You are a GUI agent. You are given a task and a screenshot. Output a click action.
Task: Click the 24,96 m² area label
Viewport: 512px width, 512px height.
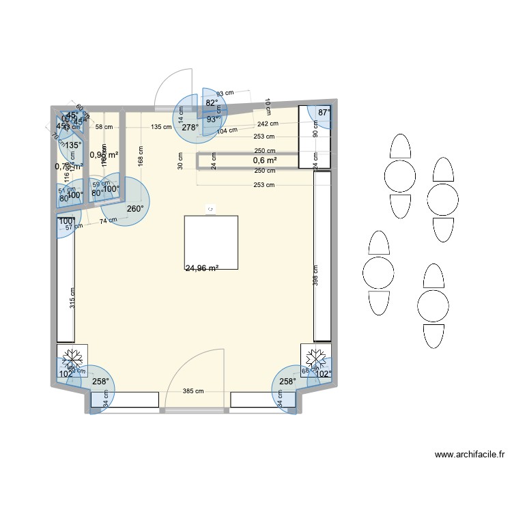click(201, 268)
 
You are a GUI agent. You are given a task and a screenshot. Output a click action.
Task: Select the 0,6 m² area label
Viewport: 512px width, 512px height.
click(265, 160)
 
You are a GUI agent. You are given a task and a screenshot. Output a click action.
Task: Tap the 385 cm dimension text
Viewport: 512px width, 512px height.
click(193, 392)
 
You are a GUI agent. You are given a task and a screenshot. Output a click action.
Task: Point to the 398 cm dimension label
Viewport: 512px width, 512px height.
click(316, 275)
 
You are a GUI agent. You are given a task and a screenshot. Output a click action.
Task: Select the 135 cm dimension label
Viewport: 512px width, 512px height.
click(161, 127)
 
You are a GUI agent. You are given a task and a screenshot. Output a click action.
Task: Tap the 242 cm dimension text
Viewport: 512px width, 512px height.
click(268, 124)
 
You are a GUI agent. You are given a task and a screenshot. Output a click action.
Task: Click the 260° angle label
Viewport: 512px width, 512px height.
click(134, 209)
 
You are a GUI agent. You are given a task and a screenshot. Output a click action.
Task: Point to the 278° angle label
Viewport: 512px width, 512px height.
click(190, 127)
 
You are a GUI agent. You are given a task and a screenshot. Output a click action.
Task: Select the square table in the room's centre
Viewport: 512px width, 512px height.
click(211, 242)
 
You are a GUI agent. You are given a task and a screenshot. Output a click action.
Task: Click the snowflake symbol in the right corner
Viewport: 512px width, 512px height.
click(316, 357)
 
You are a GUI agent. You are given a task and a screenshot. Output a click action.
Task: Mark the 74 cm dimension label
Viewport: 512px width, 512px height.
click(107, 221)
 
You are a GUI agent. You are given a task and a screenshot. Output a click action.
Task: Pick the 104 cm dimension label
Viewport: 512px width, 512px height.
click(227, 130)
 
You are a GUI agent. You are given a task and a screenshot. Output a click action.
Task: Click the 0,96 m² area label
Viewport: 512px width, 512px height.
click(104, 154)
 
